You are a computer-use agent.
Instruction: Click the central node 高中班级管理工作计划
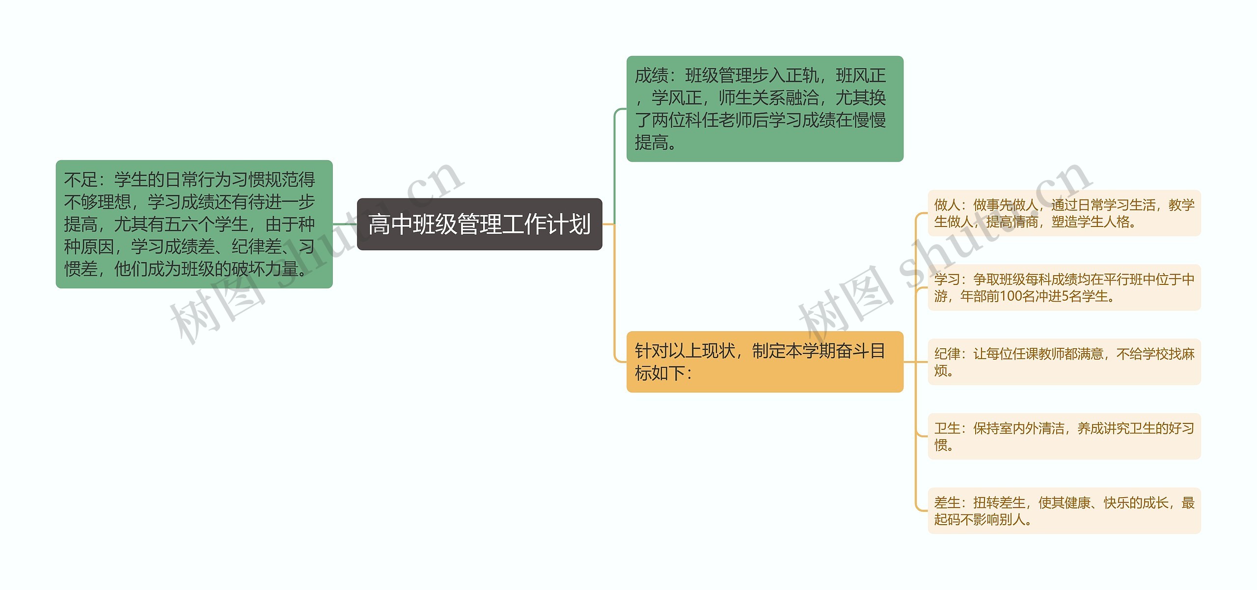click(479, 225)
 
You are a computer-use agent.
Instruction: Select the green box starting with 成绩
click(765, 109)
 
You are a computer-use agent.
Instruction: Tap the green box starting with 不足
click(194, 224)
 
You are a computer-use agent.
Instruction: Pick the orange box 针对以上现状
click(765, 362)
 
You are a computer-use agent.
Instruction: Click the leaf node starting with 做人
click(1064, 213)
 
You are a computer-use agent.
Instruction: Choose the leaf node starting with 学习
click(1064, 287)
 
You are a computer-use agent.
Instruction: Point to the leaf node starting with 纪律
click(1064, 362)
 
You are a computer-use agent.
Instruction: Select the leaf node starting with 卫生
click(1064, 436)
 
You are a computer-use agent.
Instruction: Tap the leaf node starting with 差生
click(1064, 510)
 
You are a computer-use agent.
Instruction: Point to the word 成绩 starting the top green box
click(652, 76)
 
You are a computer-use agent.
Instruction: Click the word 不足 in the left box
click(81, 180)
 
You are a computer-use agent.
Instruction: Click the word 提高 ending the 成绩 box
click(652, 142)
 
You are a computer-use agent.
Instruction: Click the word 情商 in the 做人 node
click(1025, 222)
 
